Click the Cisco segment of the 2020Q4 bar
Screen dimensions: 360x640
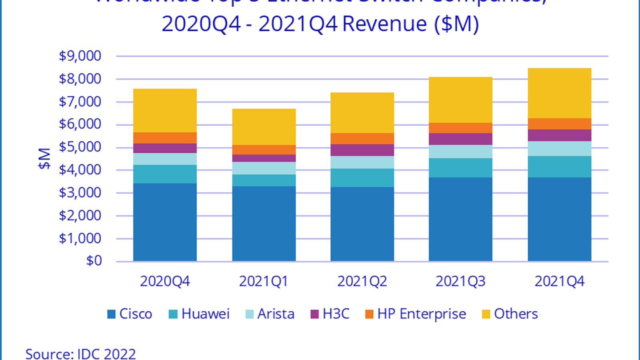click(165, 222)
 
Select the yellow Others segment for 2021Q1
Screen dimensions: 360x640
click(264, 127)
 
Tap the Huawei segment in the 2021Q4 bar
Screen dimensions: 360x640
click(559, 167)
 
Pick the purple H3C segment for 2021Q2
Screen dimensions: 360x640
click(362, 150)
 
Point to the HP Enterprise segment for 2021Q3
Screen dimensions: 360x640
click(460, 128)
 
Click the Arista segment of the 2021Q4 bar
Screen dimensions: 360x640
click(559, 148)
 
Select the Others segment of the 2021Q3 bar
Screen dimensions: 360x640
click(460, 100)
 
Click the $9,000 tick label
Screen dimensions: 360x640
click(80, 56)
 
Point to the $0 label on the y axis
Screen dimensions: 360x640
click(94, 261)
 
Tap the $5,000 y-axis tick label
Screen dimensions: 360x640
click(80, 147)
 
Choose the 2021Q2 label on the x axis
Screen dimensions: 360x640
click(362, 282)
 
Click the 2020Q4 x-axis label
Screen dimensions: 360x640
click(165, 282)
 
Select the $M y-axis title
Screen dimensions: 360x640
click(44, 158)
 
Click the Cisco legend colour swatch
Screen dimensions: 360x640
click(111, 314)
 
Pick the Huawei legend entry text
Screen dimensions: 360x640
click(205, 314)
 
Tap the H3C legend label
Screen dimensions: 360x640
click(336, 314)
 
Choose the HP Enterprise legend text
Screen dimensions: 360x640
click(422, 314)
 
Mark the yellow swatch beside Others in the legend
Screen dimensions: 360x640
click(486, 314)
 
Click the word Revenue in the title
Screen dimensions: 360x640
click(385, 24)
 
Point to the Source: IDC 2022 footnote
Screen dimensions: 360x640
click(80, 354)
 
